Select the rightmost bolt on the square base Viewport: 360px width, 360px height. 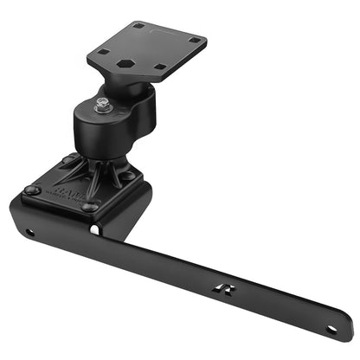click(x=129, y=176)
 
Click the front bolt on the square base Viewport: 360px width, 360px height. click(x=88, y=208)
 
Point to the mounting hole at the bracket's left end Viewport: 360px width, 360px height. click(x=29, y=232)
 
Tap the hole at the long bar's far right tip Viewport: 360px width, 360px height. click(x=332, y=329)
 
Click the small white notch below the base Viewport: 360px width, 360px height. click(x=94, y=230)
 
